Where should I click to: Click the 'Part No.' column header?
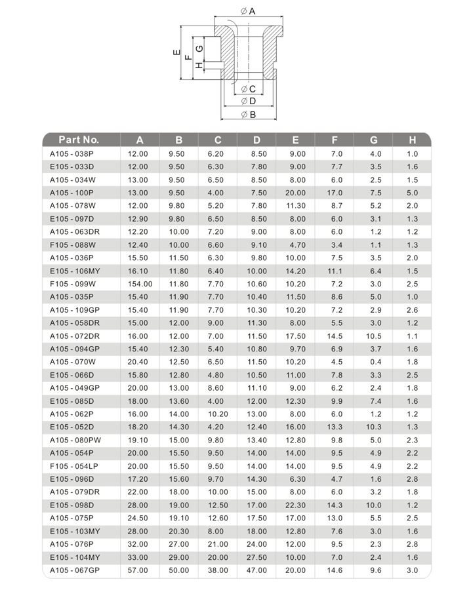click(79, 140)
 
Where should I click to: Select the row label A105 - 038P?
click(72, 153)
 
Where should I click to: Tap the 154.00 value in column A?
click(140, 284)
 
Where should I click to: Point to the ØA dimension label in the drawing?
click(247, 11)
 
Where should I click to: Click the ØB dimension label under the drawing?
click(248, 114)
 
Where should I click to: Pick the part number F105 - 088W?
click(72, 245)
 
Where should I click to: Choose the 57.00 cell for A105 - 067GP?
click(138, 570)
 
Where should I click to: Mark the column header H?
click(413, 140)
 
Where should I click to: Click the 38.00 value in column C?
click(218, 570)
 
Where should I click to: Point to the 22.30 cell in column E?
click(296, 505)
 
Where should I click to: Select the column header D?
click(256, 140)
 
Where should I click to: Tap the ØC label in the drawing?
click(247, 88)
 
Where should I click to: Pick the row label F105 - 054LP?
click(74, 466)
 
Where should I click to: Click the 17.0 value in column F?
click(335, 193)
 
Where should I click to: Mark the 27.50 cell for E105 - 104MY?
click(256, 557)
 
